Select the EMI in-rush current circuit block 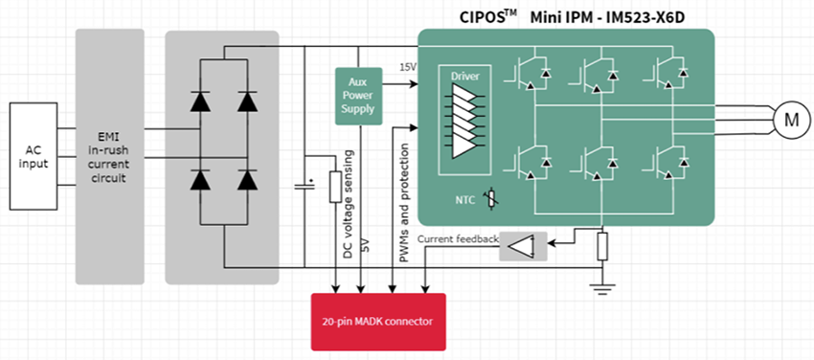pyautogui.click(x=109, y=155)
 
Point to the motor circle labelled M pyautogui.click(x=790, y=120)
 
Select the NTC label pyautogui.click(x=465, y=200)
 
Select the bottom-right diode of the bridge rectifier pyautogui.click(x=248, y=180)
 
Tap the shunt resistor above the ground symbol pyautogui.click(x=603, y=246)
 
